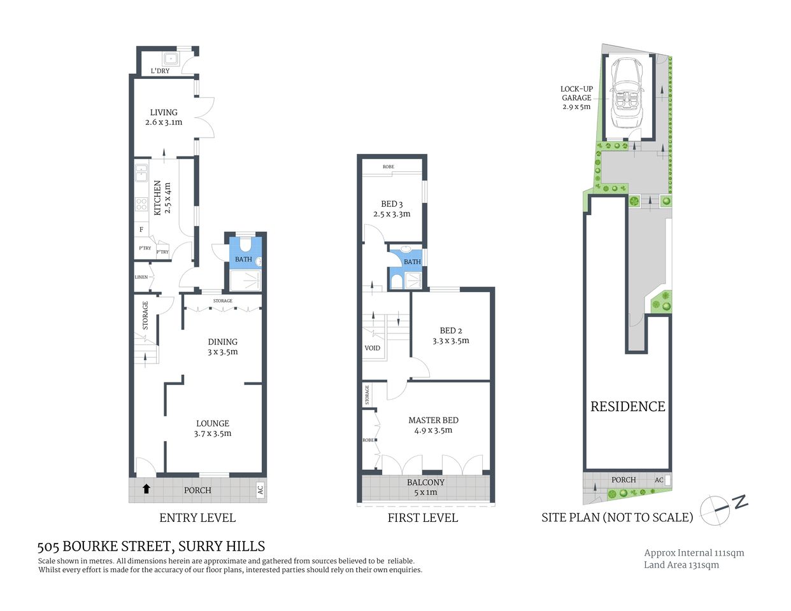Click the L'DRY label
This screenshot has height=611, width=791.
160,71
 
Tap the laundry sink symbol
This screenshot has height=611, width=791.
171,59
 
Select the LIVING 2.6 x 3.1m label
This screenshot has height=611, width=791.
164,117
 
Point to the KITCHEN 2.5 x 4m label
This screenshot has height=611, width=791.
162,197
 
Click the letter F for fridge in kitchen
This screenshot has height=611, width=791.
141,230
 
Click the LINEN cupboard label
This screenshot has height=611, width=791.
141,277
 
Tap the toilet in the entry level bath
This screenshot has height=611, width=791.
244,245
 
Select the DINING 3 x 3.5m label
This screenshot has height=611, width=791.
222,347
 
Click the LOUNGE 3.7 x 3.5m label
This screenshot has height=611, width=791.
213,428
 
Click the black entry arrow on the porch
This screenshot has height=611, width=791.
146,489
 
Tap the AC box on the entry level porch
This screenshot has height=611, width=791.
260,489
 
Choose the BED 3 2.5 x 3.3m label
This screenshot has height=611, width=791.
392,209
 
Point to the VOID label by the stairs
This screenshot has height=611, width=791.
373,348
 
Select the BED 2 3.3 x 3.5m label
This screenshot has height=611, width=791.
451,335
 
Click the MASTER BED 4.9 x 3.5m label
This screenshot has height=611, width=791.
433,425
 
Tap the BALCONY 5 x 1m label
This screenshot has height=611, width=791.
425,487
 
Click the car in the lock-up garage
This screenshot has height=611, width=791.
627,94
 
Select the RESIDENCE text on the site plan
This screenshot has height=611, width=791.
627,407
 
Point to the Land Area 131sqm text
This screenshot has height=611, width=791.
681,565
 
